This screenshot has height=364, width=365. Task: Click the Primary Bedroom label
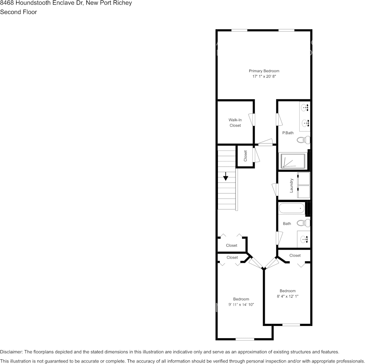tap(264, 71)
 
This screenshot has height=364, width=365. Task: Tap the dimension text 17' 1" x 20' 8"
tap(264, 77)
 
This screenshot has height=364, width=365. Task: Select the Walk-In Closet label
tap(235, 122)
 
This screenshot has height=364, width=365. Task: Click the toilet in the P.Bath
tap(304, 140)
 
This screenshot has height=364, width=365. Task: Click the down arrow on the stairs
tap(226, 177)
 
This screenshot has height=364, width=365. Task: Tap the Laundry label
tap(292, 185)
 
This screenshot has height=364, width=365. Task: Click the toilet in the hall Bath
tap(304, 223)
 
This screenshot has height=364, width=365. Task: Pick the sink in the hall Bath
tap(305, 239)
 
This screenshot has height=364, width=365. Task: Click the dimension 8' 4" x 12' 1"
tap(287, 296)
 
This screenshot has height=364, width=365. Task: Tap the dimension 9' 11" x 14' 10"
tap(241, 305)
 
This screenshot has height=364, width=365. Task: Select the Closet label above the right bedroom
tap(295, 255)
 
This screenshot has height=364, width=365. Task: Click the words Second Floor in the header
tap(18, 12)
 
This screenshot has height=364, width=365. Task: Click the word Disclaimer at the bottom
tap(11, 352)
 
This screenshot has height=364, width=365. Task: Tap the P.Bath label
tap(288, 133)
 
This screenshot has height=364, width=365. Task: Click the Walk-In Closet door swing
tap(252, 119)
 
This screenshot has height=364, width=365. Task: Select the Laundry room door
tap(275, 189)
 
